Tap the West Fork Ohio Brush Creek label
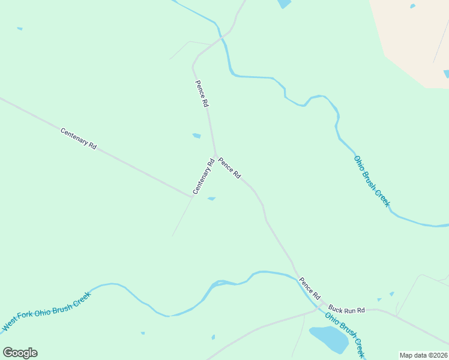point(46,311)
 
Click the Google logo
point(20,352)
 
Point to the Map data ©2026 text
point(423,355)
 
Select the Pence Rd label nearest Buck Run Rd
point(310,289)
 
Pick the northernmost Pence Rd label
point(202,94)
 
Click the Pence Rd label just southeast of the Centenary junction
point(229,167)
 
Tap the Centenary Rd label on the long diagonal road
point(79,138)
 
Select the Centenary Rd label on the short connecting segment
point(203,176)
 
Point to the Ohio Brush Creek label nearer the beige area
point(372,181)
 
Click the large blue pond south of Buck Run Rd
point(328,339)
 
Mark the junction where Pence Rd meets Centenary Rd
point(215,155)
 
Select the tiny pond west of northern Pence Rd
point(196,136)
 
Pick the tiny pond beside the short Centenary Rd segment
point(211,199)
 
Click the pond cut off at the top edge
point(284,4)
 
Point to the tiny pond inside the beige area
point(412,6)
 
